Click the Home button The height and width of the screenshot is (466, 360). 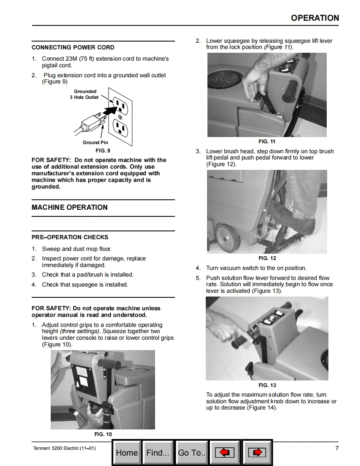127,452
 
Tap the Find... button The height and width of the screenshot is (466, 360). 158,452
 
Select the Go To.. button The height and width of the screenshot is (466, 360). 192,452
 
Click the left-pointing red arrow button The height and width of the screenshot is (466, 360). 224,452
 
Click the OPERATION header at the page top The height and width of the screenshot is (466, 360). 315,18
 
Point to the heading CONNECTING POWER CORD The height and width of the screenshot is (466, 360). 73,47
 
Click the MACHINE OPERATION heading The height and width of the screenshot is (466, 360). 69,207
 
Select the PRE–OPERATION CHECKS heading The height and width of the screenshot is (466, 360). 70,237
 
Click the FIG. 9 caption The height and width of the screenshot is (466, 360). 103,150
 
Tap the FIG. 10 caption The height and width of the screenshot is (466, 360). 103,434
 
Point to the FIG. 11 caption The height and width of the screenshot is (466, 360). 267,142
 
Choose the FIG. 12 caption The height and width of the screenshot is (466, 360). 267,258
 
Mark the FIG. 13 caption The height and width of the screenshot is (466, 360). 267,385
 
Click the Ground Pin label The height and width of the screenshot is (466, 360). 95,142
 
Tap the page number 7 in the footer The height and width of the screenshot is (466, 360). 337,448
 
